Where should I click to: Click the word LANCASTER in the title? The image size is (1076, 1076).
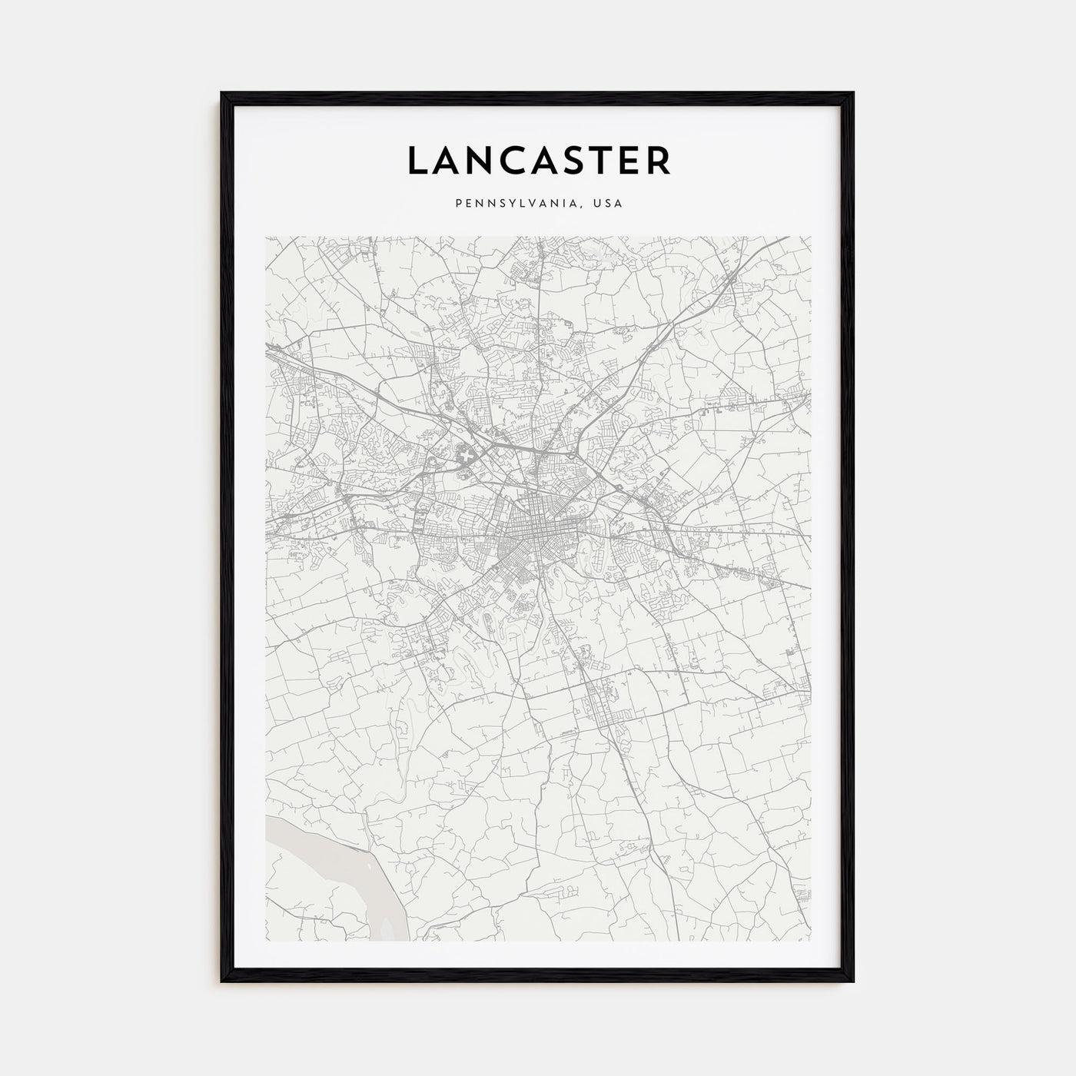538,160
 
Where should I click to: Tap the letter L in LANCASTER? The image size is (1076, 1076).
416,160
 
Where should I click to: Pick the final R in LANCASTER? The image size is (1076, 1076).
659,160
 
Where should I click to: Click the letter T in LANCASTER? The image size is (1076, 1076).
601,160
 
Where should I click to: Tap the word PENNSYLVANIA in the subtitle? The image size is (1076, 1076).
507,204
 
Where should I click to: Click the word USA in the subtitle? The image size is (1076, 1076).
608,204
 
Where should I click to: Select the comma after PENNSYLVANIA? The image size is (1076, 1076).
586,207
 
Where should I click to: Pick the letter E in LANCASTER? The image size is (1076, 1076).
629,160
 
